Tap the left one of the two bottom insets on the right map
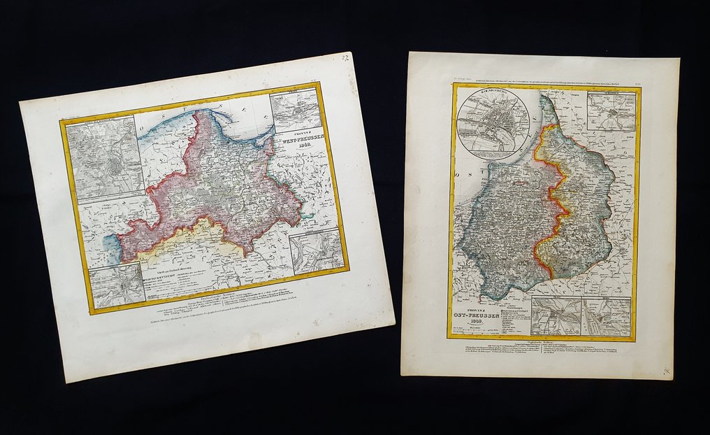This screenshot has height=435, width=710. (x=556, y=316)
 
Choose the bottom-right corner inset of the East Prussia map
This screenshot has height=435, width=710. (x=606, y=317)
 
